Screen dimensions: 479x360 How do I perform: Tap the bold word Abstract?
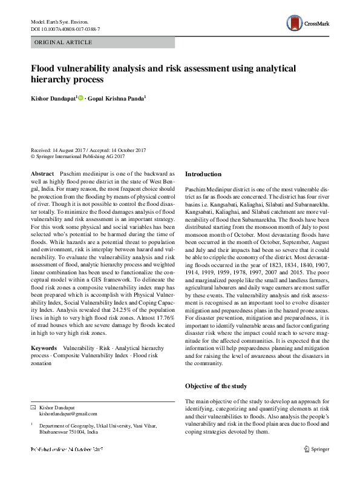coord(42,173)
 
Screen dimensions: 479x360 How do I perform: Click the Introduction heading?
coord(203,174)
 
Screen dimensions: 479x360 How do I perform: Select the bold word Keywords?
coord(44,349)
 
